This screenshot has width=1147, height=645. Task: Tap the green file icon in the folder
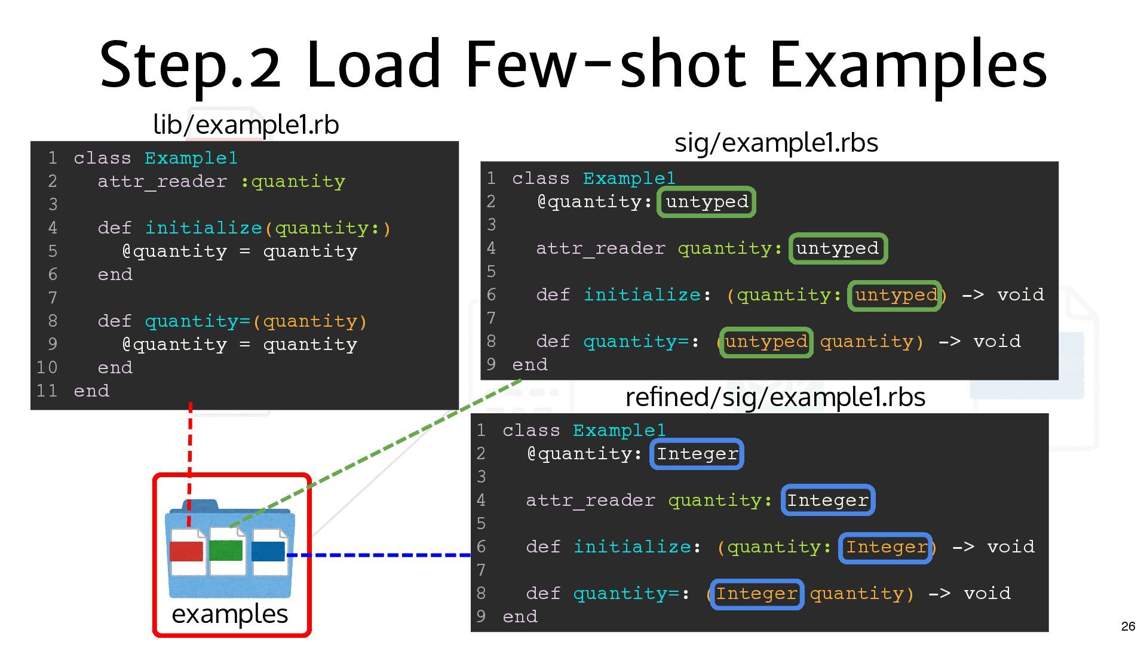click(x=226, y=550)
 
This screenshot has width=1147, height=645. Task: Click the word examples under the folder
click(x=230, y=614)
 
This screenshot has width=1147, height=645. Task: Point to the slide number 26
click(x=1128, y=626)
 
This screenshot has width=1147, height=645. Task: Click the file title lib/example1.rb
click(x=246, y=125)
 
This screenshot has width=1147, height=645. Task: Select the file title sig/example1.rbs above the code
click(x=776, y=143)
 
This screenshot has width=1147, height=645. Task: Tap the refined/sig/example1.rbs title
click(x=775, y=397)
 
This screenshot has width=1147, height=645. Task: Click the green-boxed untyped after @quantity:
click(x=707, y=202)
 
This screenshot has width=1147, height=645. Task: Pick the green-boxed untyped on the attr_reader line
click(x=838, y=248)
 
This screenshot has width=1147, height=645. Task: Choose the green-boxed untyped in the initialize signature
click(x=895, y=295)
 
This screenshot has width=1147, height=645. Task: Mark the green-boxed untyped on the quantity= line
click(x=766, y=342)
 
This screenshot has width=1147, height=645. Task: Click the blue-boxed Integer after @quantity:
click(x=697, y=454)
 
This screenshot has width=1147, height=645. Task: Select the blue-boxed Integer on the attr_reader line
click(x=827, y=500)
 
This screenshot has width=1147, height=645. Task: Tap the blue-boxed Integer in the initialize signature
click(x=885, y=547)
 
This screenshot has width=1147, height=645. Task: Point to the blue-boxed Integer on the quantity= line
click(x=756, y=594)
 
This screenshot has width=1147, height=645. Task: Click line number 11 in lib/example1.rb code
click(x=47, y=391)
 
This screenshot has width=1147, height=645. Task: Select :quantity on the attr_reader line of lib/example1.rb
click(x=293, y=182)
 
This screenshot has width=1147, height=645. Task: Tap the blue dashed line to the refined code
click(x=382, y=555)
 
